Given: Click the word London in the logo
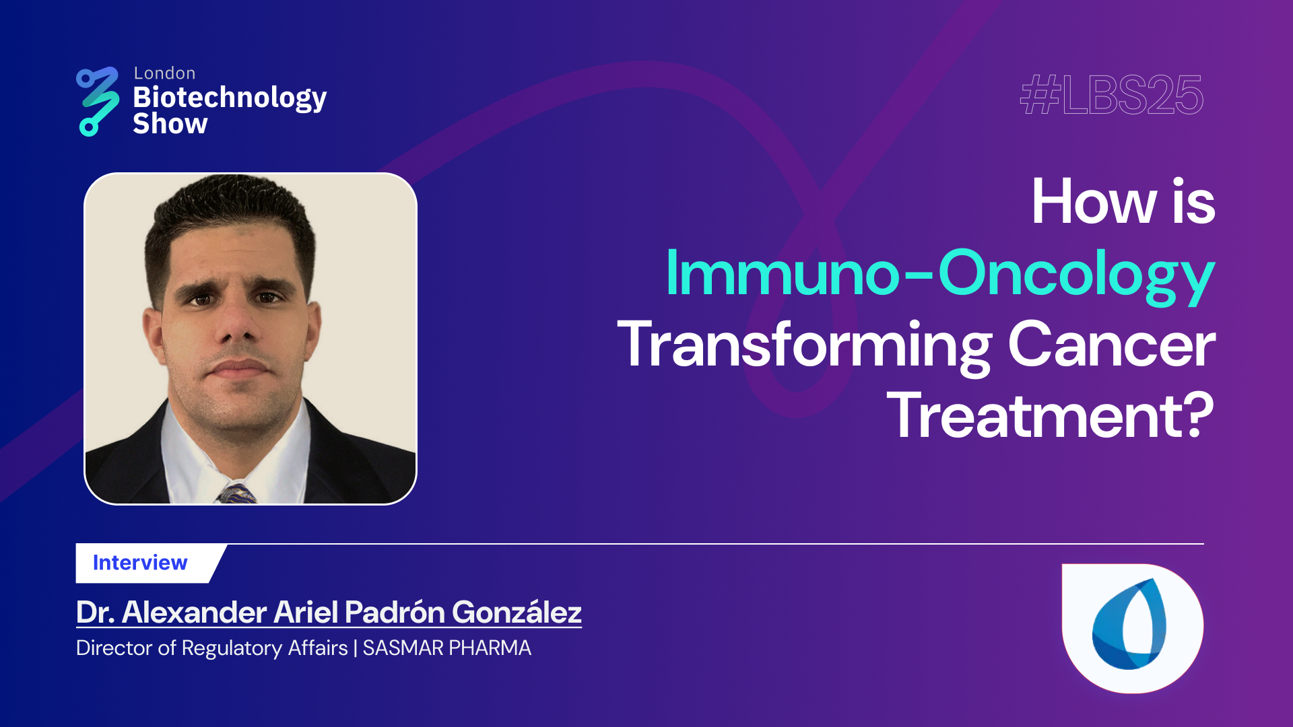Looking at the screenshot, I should tap(164, 73).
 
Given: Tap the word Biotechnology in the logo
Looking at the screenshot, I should tap(230, 98).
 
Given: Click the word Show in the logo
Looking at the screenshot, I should tap(170, 125).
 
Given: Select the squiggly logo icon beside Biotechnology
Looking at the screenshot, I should tap(98, 101).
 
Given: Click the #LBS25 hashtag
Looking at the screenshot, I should tap(1111, 96).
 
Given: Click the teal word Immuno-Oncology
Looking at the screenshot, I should tap(939, 274).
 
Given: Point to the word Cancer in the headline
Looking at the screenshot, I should tap(1111, 345).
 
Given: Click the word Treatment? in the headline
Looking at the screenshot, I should tap(1051, 417).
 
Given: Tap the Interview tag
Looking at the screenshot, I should tap(140, 563).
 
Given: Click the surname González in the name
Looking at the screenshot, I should tap(517, 613).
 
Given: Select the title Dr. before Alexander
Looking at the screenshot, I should tap(95, 613).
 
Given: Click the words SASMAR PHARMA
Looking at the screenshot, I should tap(446, 648).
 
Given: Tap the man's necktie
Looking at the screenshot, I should tap(236, 494).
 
